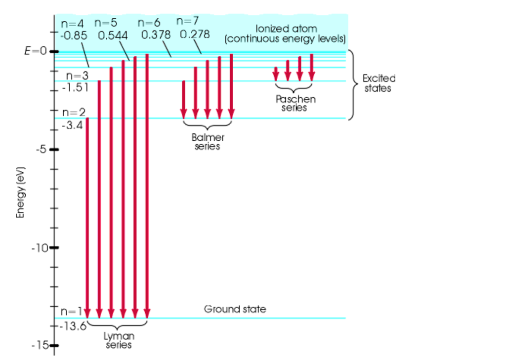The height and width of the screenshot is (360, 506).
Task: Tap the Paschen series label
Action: point(295,103)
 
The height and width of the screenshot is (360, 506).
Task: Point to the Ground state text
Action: point(235,310)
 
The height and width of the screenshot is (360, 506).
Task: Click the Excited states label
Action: point(379,83)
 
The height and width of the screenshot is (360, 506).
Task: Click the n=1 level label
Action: point(70,312)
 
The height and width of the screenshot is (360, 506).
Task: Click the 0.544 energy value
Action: point(113,36)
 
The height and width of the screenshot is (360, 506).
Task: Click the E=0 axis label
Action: point(35,51)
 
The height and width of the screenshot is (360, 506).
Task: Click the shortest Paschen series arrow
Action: point(276,73)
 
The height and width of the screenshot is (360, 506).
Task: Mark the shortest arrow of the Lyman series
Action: point(87,217)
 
